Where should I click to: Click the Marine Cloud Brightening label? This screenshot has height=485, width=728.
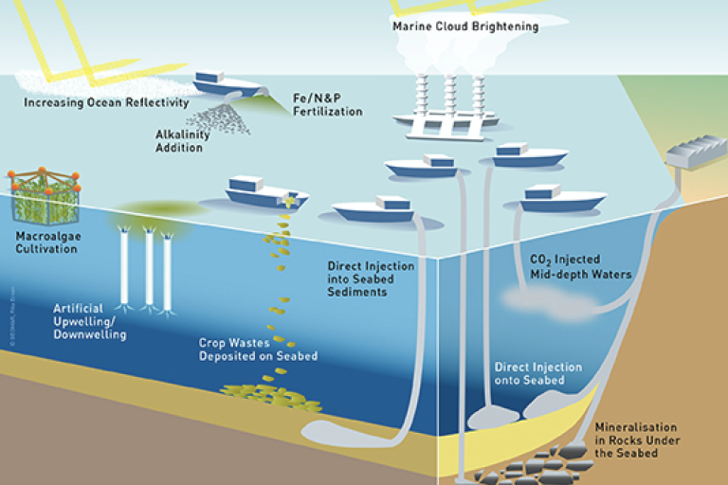tap(465, 27)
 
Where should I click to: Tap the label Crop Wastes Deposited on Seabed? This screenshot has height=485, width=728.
tap(258, 350)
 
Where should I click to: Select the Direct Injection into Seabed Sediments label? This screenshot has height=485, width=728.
tap(371, 279)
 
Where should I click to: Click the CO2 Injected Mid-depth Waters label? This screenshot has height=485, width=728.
tap(579, 266)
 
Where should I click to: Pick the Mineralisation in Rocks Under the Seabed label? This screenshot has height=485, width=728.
tap(636, 440)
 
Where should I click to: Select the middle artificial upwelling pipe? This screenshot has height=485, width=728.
tap(149, 270)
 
